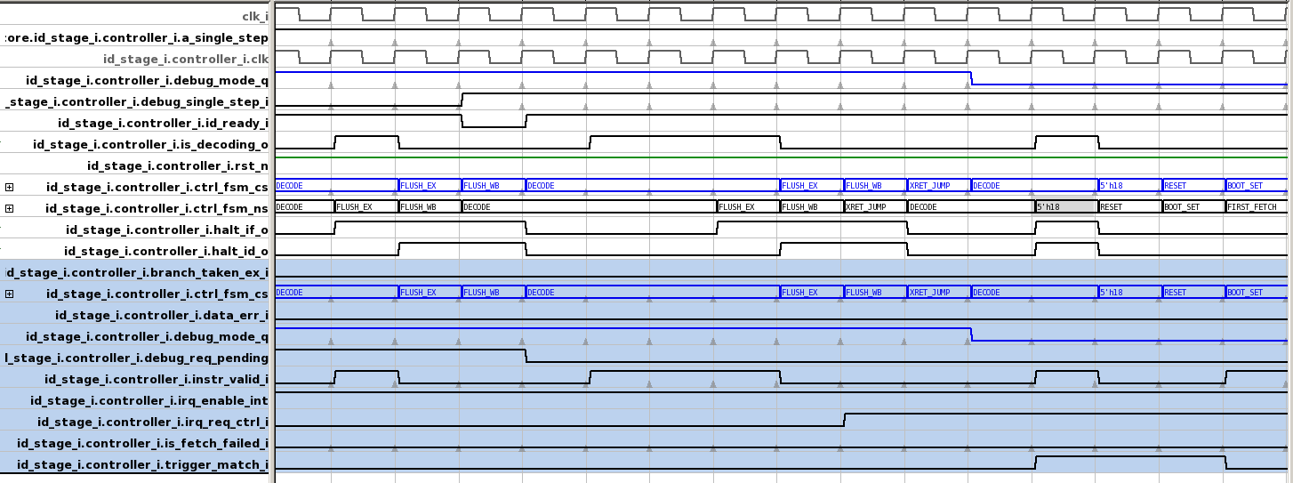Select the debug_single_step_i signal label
pos(137,102)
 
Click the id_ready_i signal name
pos(163,124)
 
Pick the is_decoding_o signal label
pos(150,145)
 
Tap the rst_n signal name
pos(178,166)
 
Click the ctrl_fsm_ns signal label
pos(157,209)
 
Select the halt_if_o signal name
pos(167,230)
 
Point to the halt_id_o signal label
pos(166,252)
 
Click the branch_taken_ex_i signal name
pos(137,272)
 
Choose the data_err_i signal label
pos(162,315)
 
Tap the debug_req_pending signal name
pos(137,358)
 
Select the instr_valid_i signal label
pos(157,380)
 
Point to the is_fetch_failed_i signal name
pos(142,444)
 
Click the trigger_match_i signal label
pos(142,465)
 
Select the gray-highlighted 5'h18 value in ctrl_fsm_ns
pos(1065,207)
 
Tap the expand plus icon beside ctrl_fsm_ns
pos(10,209)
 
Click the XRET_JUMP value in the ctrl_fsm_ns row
pos(864,207)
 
